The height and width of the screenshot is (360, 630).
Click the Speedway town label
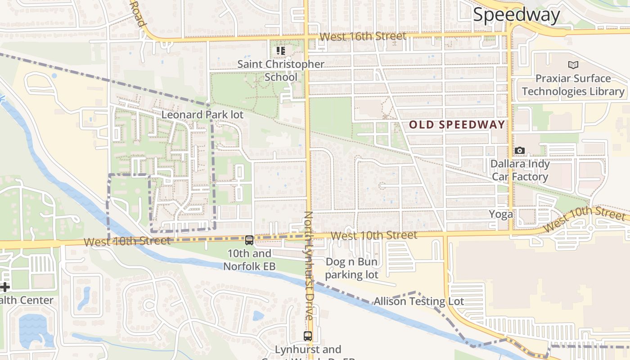[516, 15]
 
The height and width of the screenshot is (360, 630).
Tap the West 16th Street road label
[363, 36]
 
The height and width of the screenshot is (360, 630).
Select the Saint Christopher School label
[281, 70]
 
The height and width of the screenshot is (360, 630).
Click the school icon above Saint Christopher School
[281, 50]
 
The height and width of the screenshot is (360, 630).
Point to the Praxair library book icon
[573, 65]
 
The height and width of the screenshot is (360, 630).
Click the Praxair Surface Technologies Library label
[573, 85]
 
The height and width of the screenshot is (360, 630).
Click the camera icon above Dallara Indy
[520, 150]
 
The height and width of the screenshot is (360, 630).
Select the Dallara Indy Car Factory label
[520, 170]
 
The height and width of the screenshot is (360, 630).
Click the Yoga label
[501, 215]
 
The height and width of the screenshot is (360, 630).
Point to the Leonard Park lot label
[202, 115]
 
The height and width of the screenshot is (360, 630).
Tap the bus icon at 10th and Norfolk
[249, 240]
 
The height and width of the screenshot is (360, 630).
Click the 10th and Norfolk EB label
[249, 260]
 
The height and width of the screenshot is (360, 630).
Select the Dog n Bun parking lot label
[351, 268]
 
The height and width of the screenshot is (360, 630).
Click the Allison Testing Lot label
[418, 301]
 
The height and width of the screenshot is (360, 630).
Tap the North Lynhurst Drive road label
[308, 265]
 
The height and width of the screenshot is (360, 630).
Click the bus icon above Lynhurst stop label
[308, 336]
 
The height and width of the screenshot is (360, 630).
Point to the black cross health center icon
[4, 287]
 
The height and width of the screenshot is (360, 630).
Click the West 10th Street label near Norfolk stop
[127, 241]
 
